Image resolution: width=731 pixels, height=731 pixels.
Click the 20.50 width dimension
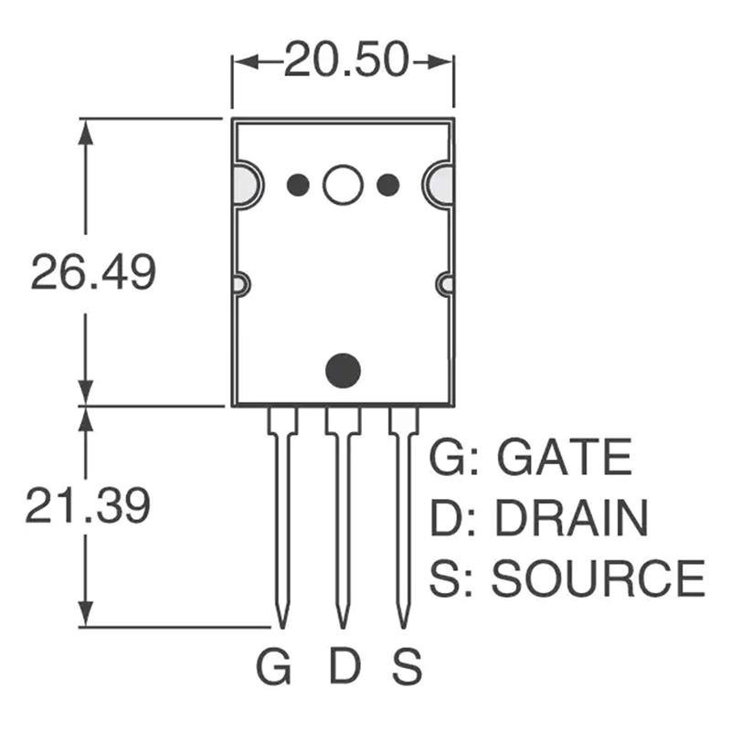(x=344, y=61)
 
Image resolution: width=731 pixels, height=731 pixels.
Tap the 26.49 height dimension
(x=92, y=271)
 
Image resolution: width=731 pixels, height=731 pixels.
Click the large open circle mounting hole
(x=343, y=185)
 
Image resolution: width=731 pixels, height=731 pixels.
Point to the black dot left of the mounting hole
(x=296, y=185)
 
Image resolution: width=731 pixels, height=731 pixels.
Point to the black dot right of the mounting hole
(x=388, y=185)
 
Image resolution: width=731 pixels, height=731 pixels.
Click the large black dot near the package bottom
(x=343, y=370)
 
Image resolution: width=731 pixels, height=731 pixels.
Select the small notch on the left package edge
(x=239, y=284)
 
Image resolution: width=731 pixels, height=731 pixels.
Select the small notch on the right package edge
(x=445, y=284)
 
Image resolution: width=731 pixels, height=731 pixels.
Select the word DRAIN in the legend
(x=571, y=518)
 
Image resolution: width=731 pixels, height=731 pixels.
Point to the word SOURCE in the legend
(x=599, y=578)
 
